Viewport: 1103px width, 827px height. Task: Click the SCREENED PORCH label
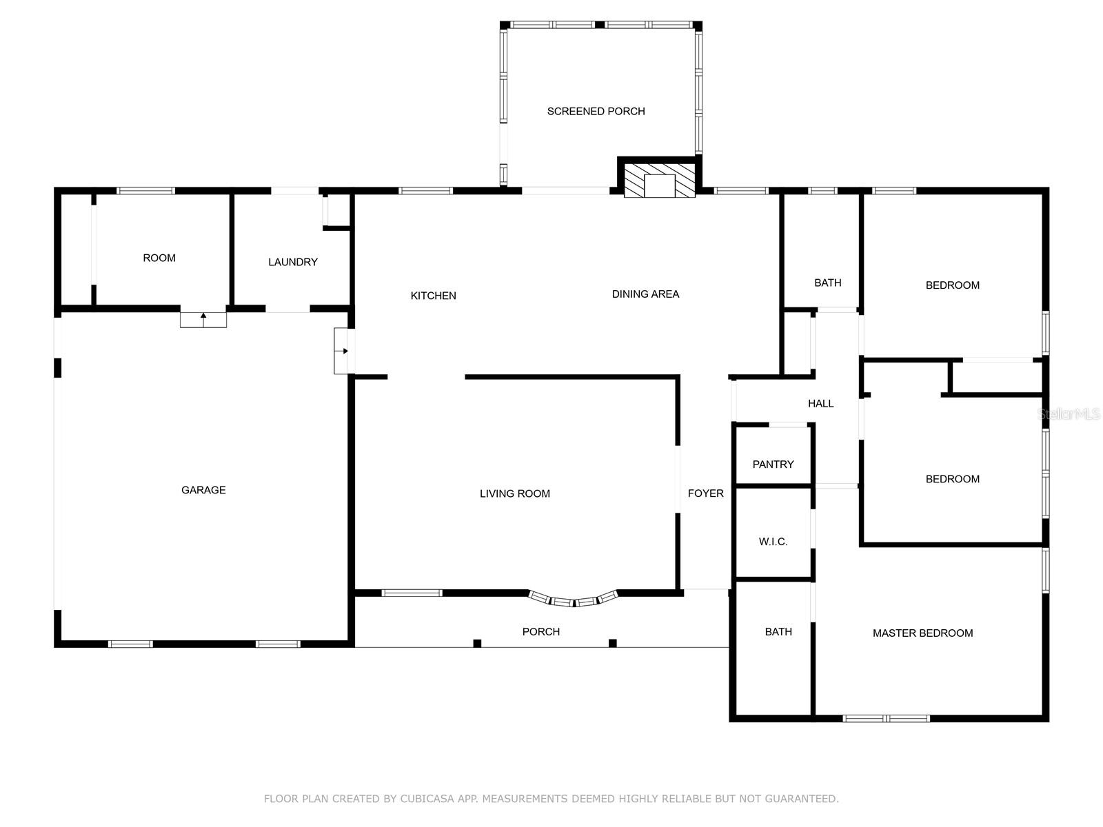(596, 112)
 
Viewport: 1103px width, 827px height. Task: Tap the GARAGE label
(203, 490)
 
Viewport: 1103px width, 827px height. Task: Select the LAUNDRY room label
(293, 262)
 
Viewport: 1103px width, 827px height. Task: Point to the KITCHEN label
(433, 296)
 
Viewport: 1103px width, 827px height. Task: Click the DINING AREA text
(645, 294)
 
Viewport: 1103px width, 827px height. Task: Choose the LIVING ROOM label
(514, 494)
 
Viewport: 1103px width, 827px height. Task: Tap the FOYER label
(705, 493)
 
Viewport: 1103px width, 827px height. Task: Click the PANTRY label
(773, 464)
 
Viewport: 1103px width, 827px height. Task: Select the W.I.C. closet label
(773, 542)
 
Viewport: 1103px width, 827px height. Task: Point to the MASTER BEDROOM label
(922, 633)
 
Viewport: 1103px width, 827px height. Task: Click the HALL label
(820, 403)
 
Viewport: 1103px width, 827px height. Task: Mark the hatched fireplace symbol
(659, 180)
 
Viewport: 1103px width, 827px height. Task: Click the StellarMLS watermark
(1069, 413)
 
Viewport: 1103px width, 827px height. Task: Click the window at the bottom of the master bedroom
(886, 719)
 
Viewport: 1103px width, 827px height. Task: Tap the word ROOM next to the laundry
(159, 258)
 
